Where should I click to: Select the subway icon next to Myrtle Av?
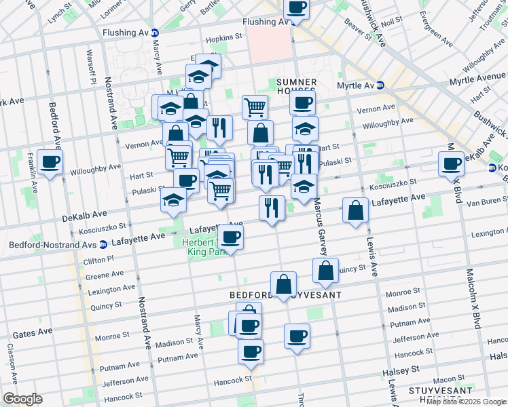click(380, 85)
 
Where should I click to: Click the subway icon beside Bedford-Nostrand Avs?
click(103, 244)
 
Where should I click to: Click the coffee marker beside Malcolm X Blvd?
click(451, 163)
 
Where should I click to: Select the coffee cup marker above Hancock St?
click(251, 351)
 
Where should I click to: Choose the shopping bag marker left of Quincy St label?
click(326, 270)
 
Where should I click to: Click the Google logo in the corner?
click(22, 399)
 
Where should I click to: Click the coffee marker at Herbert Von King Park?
click(230, 237)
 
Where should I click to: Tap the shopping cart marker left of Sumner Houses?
click(255, 106)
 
